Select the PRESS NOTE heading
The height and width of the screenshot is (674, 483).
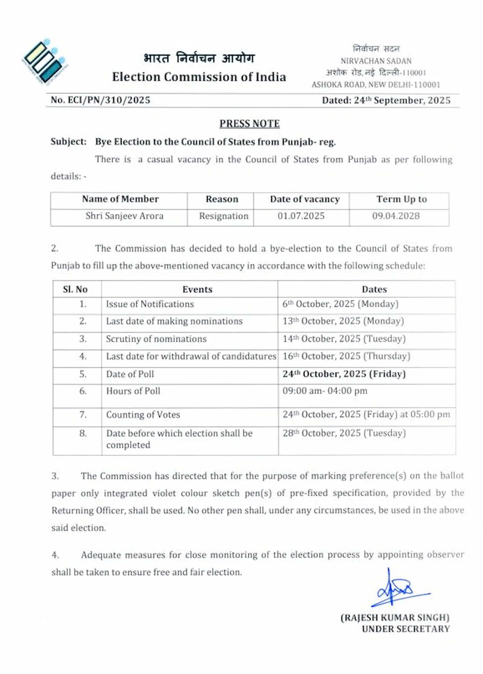click(x=250, y=124)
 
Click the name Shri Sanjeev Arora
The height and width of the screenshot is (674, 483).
click(x=124, y=216)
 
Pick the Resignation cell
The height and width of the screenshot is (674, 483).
click(x=223, y=216)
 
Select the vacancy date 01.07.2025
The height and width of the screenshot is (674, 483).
click(x=301, y=216)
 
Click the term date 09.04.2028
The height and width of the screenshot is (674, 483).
click(x=396, y=216)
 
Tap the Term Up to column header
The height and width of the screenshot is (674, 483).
click(x=402, y=199)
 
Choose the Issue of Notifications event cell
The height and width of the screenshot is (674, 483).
click(x=150, y=304)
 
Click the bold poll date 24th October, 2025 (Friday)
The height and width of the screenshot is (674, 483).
click(x=344, y=374)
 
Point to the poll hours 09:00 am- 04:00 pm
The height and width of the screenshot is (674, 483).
click(x=325, y=391)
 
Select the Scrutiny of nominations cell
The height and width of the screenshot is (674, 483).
click(x=156, y=339)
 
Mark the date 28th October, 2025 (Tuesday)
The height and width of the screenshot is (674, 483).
click(x=344, y=433)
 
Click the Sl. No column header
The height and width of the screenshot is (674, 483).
click(x=75, y=289)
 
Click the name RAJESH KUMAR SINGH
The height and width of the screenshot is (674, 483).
click(x=395, y=618)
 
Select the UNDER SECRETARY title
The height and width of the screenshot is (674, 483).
click(x=406, y=629)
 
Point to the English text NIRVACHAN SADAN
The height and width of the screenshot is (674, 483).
click(x=376, y=61)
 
